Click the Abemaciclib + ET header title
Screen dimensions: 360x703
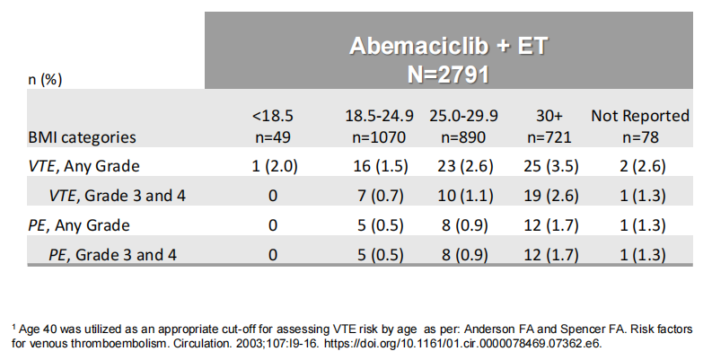click(448, 46)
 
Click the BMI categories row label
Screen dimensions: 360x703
click(82, 137)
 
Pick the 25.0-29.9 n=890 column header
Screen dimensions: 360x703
click(463, 127)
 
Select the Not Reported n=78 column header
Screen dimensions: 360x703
click(639, 127)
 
